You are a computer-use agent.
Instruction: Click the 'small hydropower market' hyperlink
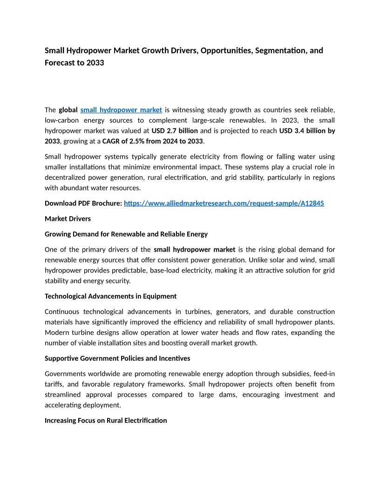click(x=121, y=110)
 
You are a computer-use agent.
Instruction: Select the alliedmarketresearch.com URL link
click(x=224, y=204)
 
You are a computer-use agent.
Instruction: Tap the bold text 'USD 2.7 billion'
click(x=175, y=130)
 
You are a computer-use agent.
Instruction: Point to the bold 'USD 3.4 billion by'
click(x=307, y=130)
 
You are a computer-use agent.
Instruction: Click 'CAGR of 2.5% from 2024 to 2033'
click(x=152, y=141)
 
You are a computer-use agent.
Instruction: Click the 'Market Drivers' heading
click(x=68, y=219)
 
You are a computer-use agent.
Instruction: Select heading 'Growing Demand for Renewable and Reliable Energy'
click(x=126, y=234)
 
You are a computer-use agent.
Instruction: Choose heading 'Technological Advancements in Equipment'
click(x=110, y=296)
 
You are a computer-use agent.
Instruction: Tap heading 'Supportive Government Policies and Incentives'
click(x=117, y=358)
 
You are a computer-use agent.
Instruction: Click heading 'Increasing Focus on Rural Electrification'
click(x=106, y=420)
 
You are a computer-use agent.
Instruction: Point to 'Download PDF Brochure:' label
click(x=83, y=204)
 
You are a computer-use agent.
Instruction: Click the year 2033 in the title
click(x=95, y=62)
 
